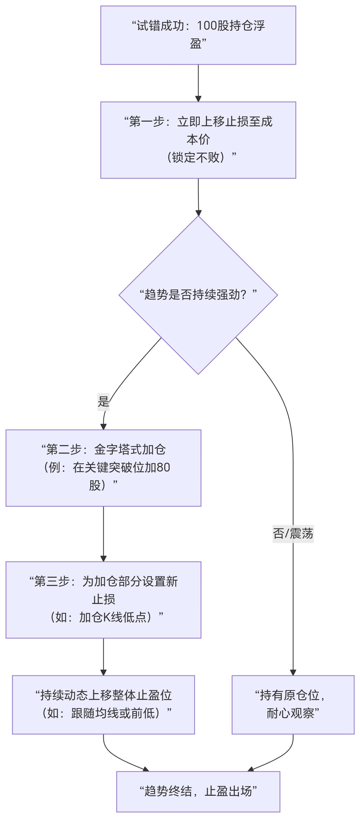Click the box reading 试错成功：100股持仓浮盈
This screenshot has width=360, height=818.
coord(198,35)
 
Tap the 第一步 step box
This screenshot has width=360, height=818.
coord(198,140)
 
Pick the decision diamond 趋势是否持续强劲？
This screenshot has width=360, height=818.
coord(198,295)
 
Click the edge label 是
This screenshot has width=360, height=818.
coord(103,402)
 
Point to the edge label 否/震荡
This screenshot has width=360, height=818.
coord(292,533)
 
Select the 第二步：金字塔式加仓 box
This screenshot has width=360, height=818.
coord(103,468)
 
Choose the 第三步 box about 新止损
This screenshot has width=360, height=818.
coord(103,599)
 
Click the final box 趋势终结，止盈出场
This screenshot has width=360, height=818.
coord(198,791)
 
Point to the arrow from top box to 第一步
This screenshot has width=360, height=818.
coord(198,83)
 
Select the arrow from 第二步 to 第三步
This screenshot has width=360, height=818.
coord(103,533)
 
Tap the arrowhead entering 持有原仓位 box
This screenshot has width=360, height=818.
coord(292,672)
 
